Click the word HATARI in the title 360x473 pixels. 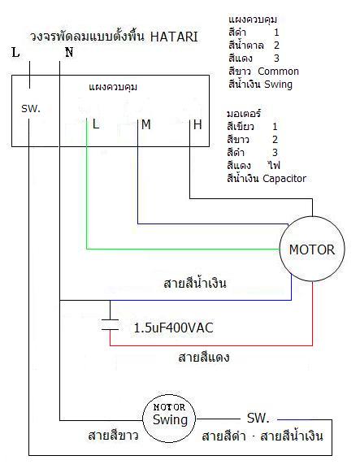coord(174,37)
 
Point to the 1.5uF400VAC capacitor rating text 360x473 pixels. coord(173,328)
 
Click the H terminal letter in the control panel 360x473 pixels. coord(197,124)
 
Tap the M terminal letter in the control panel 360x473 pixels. coord(146,124)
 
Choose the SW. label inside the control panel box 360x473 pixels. coord(31,109)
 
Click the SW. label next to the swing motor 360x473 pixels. coord(258,418)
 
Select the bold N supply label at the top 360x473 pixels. coord(69,53)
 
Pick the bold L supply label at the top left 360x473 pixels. coord(15,53)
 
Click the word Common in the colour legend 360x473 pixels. coord(278,72)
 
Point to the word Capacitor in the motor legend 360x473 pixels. coord(284,179)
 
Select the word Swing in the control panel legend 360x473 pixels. coord(278,85)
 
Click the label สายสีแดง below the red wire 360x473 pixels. coord(204,358)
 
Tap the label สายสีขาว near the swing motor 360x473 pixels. coord(114,436)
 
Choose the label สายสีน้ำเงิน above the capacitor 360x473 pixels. coord(195,284)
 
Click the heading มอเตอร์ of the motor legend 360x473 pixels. coord(244,114)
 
